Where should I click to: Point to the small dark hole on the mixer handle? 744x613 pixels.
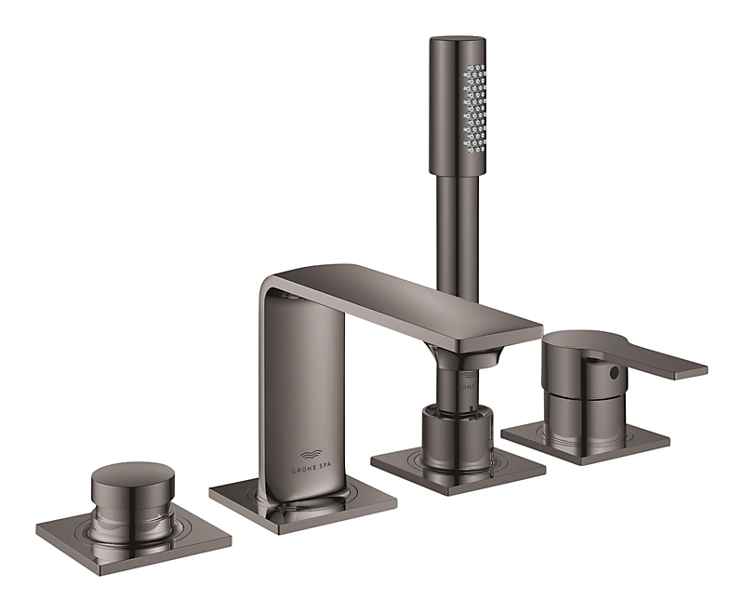[x=613, y=372]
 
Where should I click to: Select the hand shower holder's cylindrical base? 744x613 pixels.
[x=456, y=433]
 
